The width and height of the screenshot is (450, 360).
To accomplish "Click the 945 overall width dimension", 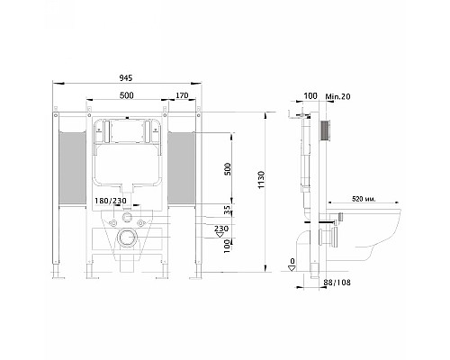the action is pyautogui.click(x=126, y=78).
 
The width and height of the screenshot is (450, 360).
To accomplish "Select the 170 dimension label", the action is pyautogui.click(x=182, y=95).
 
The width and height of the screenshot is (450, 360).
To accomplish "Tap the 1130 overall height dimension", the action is pyautogui.click(x=262, y=180).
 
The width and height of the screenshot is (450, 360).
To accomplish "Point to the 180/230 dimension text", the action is pyautogui.click(x=111, y=201).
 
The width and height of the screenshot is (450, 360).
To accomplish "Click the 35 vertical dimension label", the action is pyautogui.click(x=228, y=210).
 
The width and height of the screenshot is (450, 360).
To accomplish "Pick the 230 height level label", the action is pyautogui.click(x=221, y=229).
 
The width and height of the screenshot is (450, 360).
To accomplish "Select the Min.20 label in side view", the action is pyautogui.click(x=338, y=96).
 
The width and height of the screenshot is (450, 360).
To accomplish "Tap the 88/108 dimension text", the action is pyautogui.click(x=337, y=283).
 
